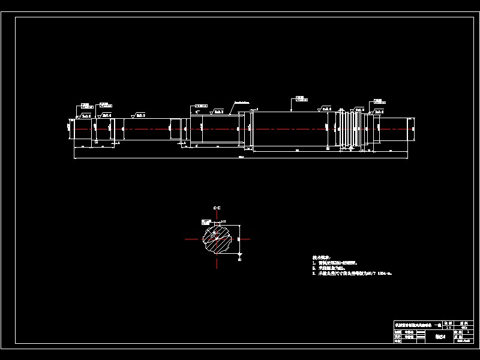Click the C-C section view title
point(217,208)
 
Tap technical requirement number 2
point(336,268)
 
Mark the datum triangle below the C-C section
point(239,256)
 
